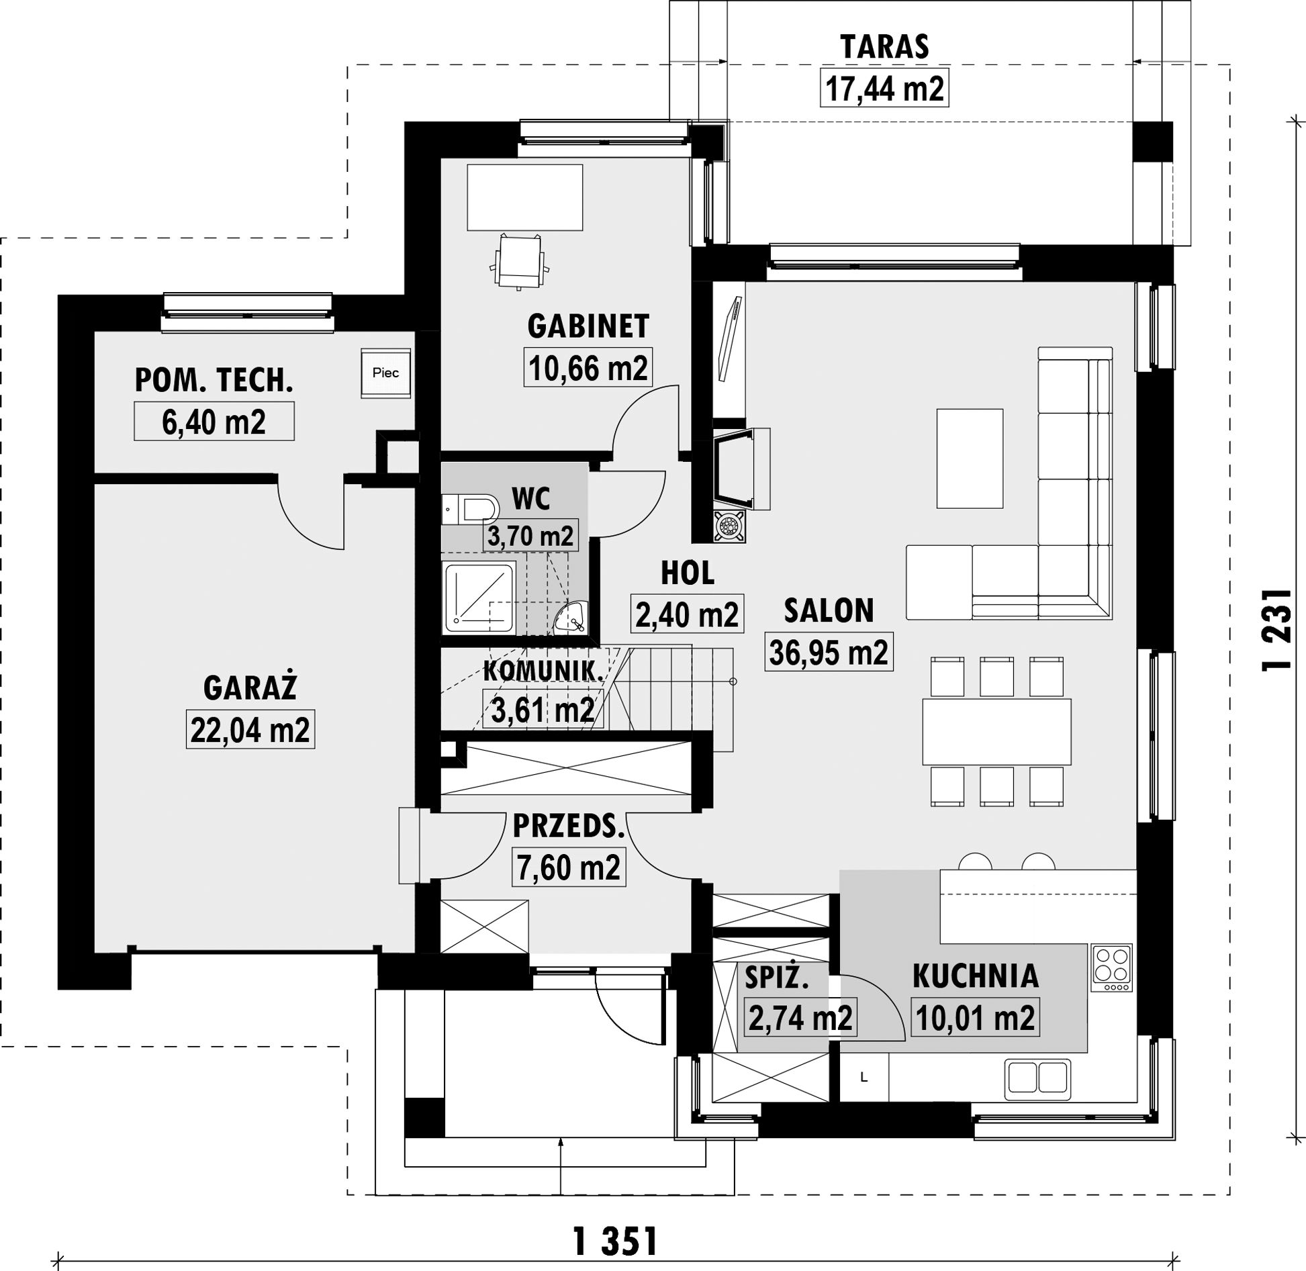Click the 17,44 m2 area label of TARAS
[884, 88]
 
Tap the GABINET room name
[588, 326]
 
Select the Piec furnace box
[385, 373]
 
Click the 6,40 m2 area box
[214, 422]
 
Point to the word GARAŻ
[250, 688]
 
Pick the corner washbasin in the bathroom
[571, 616]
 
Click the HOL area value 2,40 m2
[687, 614]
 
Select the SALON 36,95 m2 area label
[829, 652]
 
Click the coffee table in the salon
[970, 459]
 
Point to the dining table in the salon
[996, 731]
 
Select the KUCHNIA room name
[975, 976]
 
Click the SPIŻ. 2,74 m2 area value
[800, 1018]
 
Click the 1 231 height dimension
[1277, 630]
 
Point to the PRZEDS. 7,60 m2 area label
[569, 867]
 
